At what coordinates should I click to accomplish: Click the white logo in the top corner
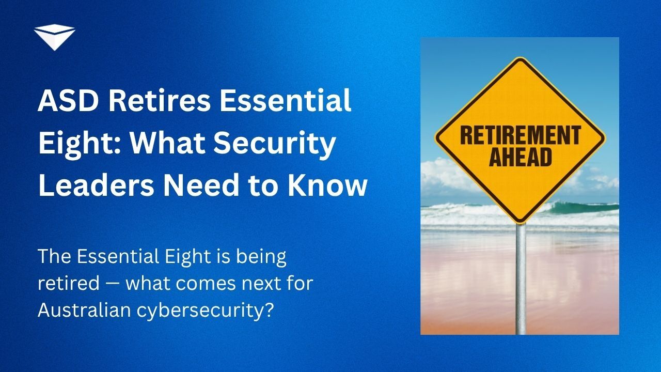(x=55, y=37)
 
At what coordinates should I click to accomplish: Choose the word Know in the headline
(x=327, y=185)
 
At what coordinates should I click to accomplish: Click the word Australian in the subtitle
(x=84, y=309)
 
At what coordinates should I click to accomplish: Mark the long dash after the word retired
(x=113, y=284)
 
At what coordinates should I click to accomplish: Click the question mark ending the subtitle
(x=268, y=309)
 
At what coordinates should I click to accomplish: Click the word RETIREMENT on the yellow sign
(x=521, y=135)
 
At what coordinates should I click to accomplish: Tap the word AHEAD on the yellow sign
(x=520, y=157)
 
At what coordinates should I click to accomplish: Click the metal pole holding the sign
(x=521, y=279)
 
